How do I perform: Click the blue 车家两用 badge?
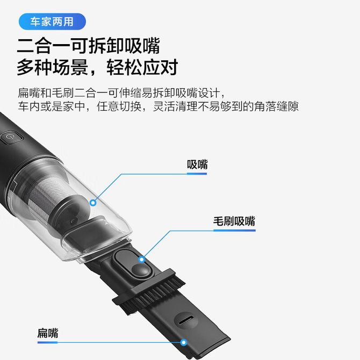tap(52, 21)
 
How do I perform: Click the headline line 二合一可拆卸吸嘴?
tap(89, 46)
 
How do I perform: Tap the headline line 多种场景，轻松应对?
tap(97, 67)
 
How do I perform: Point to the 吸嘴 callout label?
tap(197, 164)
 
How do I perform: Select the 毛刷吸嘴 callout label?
tap(234, 221)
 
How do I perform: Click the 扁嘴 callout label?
tap(48, 333)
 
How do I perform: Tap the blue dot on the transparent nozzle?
tap(93, 203)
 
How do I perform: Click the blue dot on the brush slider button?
tap(142, 260)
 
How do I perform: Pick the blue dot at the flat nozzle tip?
tap(183, 343)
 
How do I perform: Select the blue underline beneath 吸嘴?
tap(197, 174)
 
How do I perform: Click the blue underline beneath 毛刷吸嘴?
tap(234, 231)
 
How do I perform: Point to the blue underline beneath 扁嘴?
tap(47, 343)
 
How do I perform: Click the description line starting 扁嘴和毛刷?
tap(121, 93)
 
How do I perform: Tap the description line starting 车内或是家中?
tap(158, 106)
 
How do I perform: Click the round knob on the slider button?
tap(141, 270)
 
